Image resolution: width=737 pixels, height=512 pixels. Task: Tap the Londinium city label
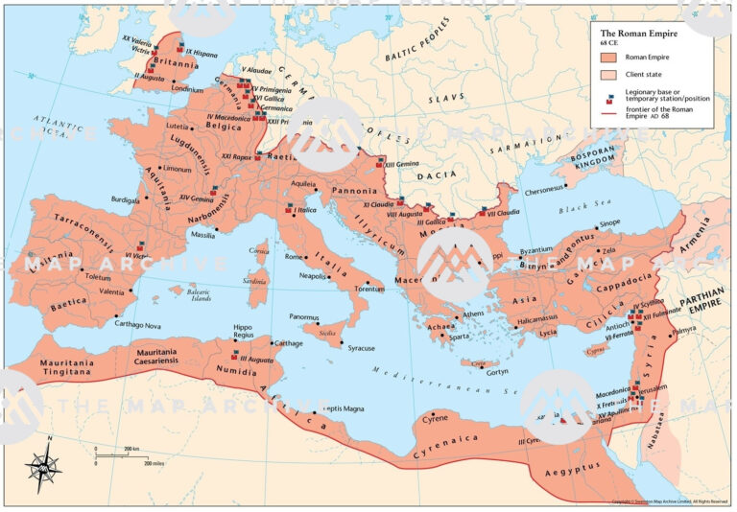click(189, 89)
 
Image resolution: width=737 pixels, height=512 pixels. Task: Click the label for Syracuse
click(361, 348)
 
